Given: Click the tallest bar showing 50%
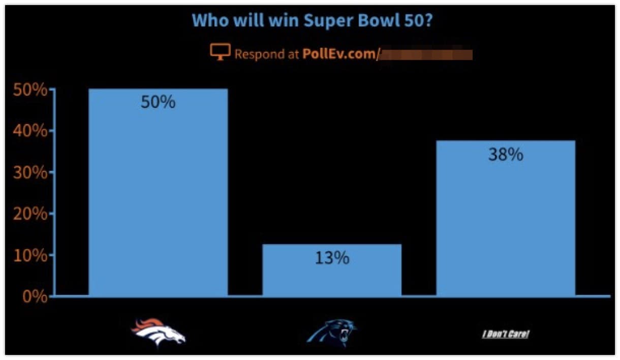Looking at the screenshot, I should [158, 193].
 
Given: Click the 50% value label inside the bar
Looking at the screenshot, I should [158, 102].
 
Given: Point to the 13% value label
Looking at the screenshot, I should [332, 258].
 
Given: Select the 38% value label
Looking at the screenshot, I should [506, 155].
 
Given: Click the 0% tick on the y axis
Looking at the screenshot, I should [34, 296].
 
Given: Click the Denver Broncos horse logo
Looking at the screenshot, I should [158, 333].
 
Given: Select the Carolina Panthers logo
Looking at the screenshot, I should [332, 333].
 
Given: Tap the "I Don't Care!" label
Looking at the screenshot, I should [506, 334].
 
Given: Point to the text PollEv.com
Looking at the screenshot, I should [338, 54].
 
